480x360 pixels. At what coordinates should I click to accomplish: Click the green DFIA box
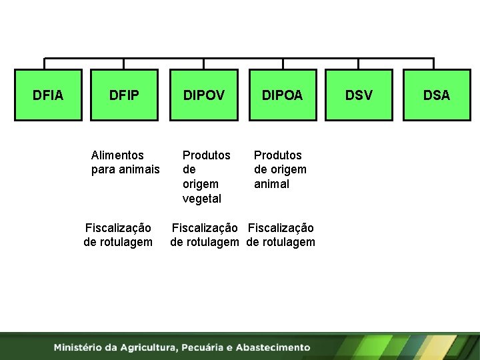48,95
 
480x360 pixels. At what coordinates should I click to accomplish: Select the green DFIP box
124,95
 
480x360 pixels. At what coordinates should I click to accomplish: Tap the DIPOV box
203,95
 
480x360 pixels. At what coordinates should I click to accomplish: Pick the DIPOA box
282,95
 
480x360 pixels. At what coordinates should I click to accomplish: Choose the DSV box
359,95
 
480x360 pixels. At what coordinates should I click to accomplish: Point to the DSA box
437,95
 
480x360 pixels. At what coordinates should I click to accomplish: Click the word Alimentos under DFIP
117,155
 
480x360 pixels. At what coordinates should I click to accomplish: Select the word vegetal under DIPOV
202,199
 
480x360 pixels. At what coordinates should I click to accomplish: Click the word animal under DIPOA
271,184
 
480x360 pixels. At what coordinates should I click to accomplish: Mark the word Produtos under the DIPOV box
207,155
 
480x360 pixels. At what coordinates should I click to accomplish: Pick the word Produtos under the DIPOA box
278,155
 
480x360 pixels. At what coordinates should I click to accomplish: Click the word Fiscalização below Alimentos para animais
118,228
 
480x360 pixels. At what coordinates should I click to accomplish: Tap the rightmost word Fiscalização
281,228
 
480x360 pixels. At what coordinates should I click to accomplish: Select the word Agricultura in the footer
145,347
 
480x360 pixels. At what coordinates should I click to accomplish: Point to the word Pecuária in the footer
201,347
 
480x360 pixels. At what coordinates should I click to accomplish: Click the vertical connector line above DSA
434,63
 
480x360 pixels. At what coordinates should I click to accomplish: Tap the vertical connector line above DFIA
45,63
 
